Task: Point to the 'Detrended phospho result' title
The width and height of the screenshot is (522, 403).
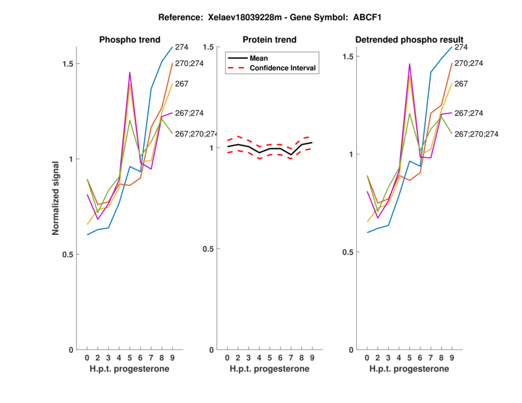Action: click(x=409, y=40)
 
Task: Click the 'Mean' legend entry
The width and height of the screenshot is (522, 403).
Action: click(x=260, y=57)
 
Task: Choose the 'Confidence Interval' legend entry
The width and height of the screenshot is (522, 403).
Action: click(x=284, y=68)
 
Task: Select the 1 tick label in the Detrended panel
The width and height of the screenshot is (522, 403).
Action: click(x=351, y=155)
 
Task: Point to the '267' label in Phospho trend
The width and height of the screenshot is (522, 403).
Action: click(x=182, y=83)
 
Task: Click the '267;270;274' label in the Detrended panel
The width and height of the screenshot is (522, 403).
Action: click(x=476, y=134)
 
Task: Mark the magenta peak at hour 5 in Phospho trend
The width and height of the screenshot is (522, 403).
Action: click(x=130, y=72)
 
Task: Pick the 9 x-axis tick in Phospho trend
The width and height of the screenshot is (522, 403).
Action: click(x=172, y=357)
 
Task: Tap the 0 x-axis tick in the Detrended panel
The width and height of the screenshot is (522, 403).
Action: click(x=367, y=357)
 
